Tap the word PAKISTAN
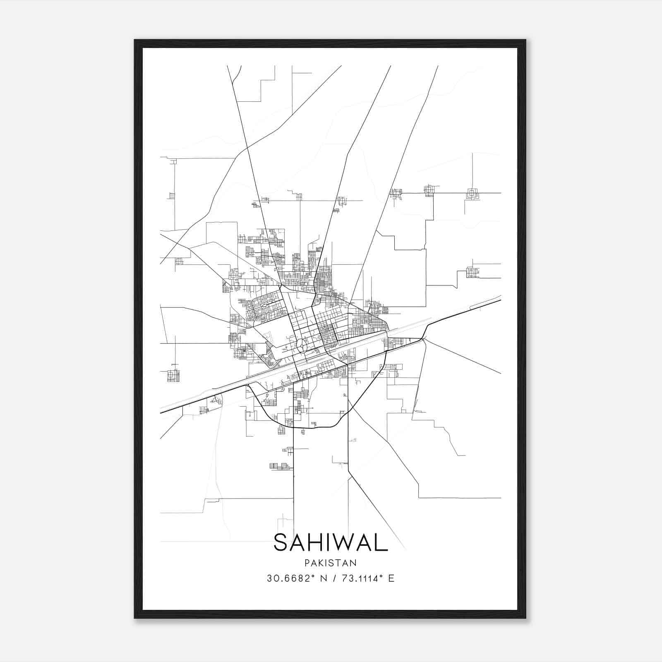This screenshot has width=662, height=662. [x=331, y=563]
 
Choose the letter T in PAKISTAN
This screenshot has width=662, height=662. [x=339, y=563]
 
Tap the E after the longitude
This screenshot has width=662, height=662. [x=391, y=578]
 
